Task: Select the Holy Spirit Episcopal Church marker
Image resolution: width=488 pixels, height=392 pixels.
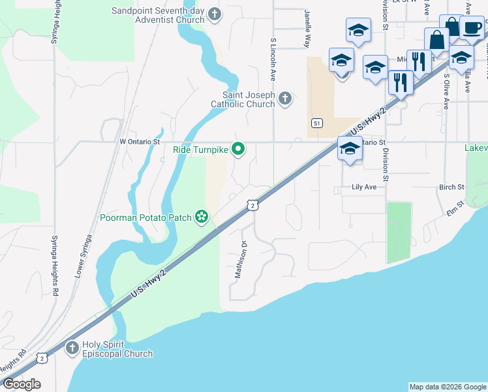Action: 72,348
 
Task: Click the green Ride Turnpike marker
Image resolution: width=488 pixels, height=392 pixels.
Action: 239,150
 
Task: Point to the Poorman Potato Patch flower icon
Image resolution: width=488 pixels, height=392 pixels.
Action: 202,217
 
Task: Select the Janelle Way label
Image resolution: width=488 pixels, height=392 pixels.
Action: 307,29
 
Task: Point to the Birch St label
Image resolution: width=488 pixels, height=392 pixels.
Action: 451,187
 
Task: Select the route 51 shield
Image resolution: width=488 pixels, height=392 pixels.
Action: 316,123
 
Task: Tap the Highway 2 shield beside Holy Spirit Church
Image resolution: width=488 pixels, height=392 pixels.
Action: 42,357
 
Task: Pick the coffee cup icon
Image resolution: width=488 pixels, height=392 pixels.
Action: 472,29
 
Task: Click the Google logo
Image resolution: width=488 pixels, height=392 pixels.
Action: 22,384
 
